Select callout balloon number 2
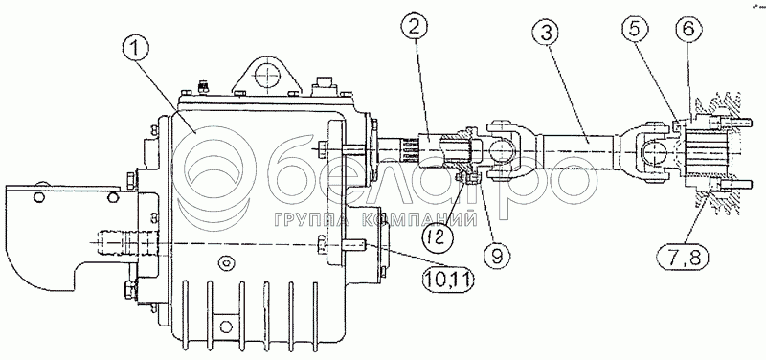pos(414,30)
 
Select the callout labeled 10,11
pos(449,280)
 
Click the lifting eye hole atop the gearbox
pos(267,77)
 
